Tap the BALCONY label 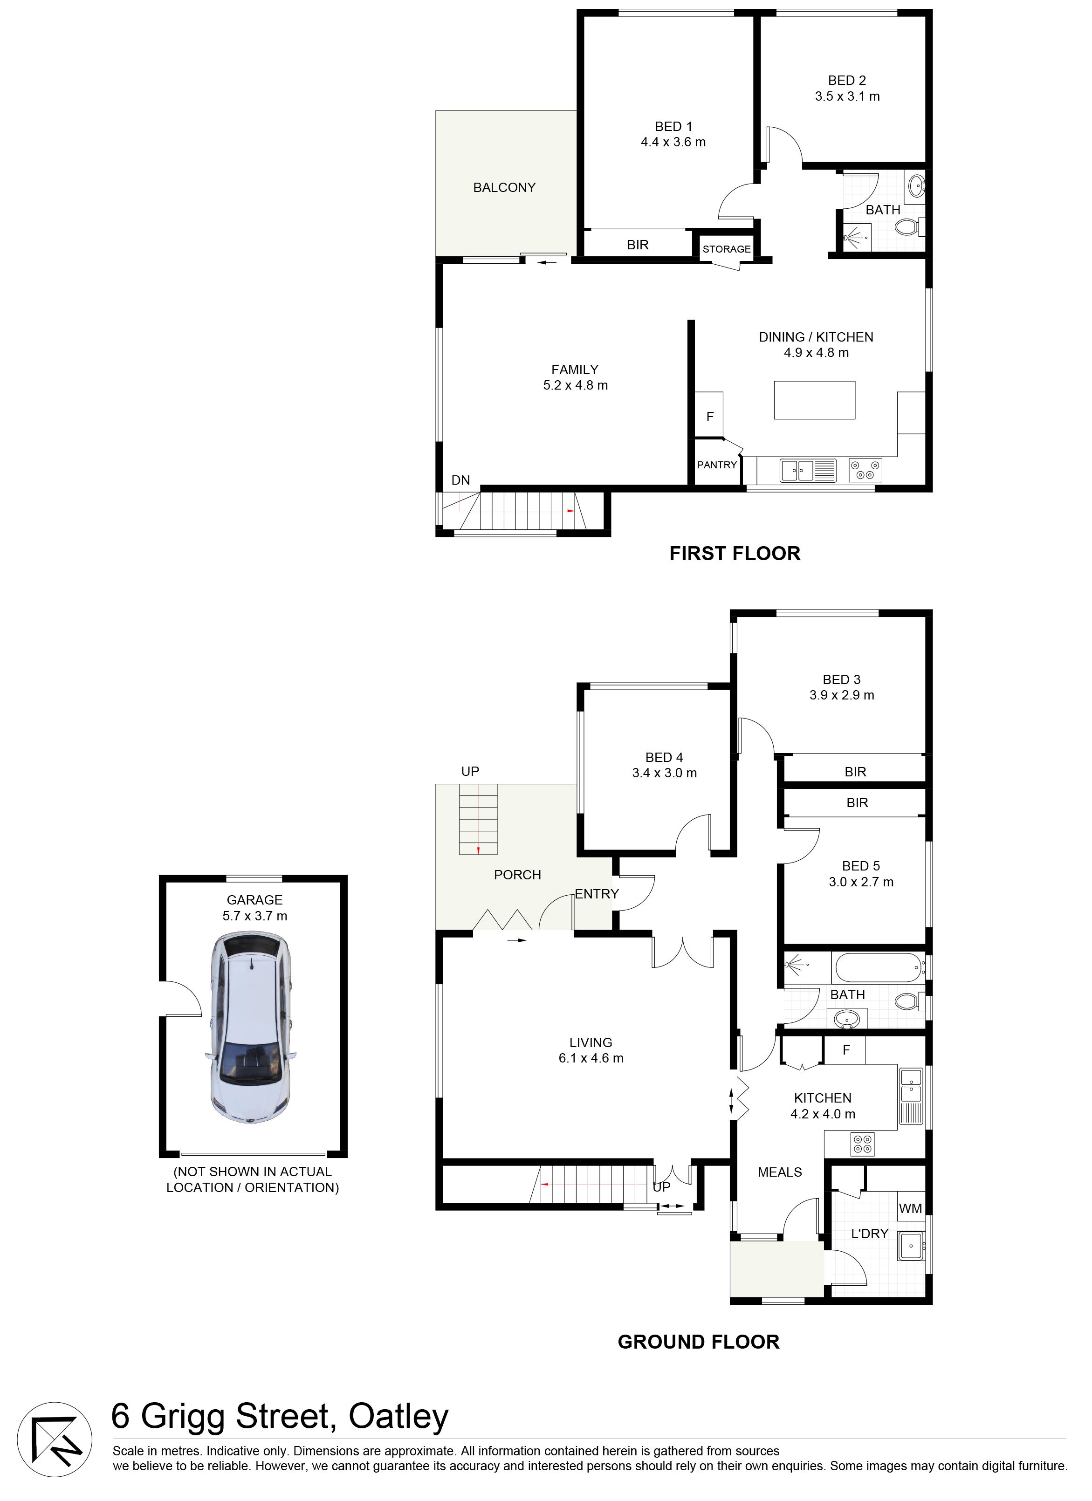tap(504, 188)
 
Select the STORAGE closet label tap(727, 249)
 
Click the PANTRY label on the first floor tap(717, 465)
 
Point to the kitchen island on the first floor tap(815, 400)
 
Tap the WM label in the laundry tap(911, 1208)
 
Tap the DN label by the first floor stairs tap(460, 480)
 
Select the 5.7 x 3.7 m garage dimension tap(255, 916)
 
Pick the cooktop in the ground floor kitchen tap(863, 1145)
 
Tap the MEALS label tap(780, 1172)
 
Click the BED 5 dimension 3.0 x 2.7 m tap(861, 882)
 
